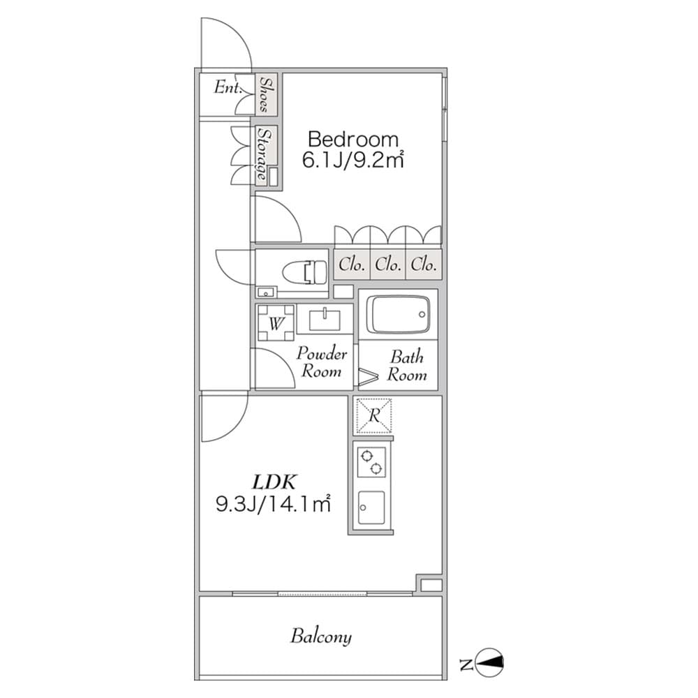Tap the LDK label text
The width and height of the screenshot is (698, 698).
click(x=276, y=481)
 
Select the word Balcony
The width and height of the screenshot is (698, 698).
click(x=321, y=637)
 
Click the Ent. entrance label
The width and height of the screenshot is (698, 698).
click(x=228, y=88)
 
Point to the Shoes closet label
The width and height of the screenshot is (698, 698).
click(x=266, y=94)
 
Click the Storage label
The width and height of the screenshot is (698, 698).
click(x=263, y=155)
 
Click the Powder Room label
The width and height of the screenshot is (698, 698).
click(x=322, y=362)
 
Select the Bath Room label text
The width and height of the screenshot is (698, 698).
click(x=407, y=366)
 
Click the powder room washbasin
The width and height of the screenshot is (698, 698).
click(x=325, y=320)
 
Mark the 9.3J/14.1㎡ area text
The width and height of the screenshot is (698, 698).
click(x=273, y=503)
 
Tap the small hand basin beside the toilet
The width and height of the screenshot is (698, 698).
click(x=265, y=292)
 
